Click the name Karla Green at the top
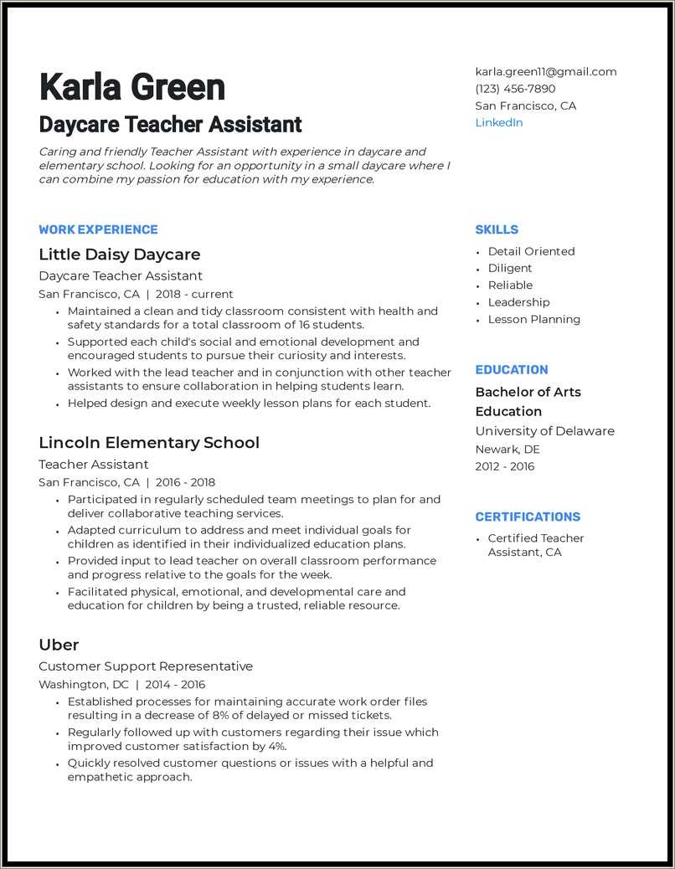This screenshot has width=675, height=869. pos(131,88)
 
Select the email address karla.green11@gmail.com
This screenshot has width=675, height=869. pos(545,72)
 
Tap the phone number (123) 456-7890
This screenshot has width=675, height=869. pos(515,89)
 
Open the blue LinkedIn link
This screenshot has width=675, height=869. pos(498,123)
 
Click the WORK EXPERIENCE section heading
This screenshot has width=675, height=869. pos(98,229)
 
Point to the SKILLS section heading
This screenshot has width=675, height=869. pos(497,229)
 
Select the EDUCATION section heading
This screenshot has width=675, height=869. pos(511,370)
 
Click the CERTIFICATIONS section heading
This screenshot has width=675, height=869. pos(528,517)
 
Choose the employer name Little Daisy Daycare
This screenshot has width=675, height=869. pos(119,255)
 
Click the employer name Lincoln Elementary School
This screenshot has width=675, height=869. pos(149,443)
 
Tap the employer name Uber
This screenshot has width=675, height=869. pos(59,645)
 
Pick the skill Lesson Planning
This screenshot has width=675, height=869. pos(533,320)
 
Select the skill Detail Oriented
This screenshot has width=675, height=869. pos(531,251)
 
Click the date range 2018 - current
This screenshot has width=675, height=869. pos(194,295)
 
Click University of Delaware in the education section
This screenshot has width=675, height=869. pos(544,431)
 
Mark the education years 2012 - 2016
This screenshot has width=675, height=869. pos(504,467)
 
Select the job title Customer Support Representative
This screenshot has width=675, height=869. pos(146,666)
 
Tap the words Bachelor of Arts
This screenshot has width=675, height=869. pos(528,392)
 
